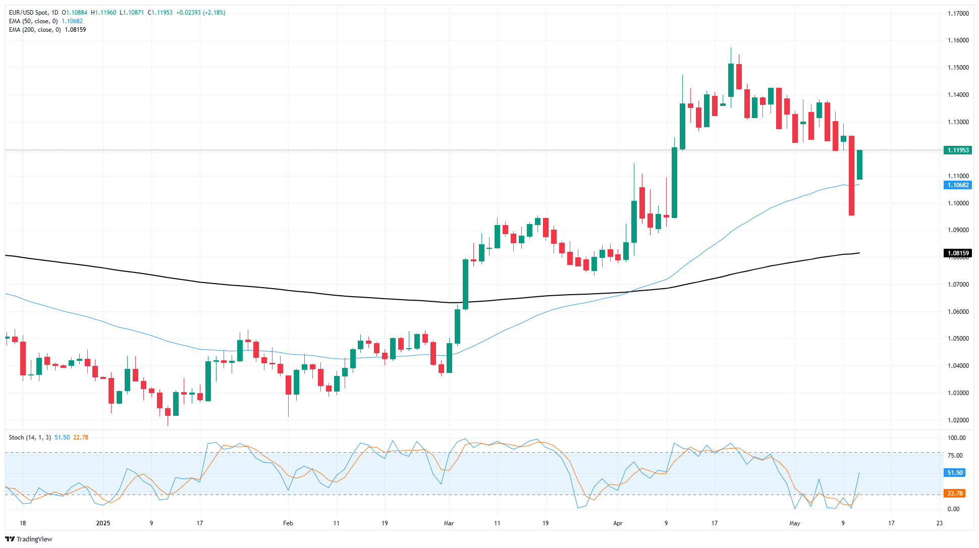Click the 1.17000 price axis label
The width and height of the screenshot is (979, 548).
pyautogui.click(x=958, y=14)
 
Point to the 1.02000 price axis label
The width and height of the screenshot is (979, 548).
pyautogui.click(x=958, y=420)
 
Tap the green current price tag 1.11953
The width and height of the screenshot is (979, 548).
pyautogui.click(x=957, y=150)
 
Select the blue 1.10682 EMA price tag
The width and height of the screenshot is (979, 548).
pyautogui.click(x=957, y=185)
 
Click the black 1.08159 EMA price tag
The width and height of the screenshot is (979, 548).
pyautogui.click(x=957, y=253)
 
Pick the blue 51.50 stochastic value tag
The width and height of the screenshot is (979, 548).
pyautogui.click(x=954, y=473)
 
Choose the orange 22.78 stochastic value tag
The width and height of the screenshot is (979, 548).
pyautogui.click(x=954, y=494)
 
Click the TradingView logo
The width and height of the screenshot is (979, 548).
pyautogui.click(x=29, y=539)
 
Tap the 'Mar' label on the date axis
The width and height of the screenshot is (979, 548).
pyautogui.click(x=449, y=523)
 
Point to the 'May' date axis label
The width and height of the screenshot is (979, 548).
pyautogui.click(x=795, y=523)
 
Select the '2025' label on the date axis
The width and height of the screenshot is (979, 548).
pyautogui.click(x=103, y=523)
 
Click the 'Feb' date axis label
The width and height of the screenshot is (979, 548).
pyautogui.click(x=288, y=523)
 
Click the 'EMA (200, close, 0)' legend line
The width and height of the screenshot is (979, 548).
pyautogui.click(x=35, y=30)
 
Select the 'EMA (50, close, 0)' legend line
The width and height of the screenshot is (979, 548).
pyautogui.click(x=33, y=21)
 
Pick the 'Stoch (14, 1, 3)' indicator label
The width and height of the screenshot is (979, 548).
pyautogui.click(x=30, y=437)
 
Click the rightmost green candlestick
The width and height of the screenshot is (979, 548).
pyautogui.click(x=859, y=165)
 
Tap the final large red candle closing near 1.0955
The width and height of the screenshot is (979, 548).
pyautogui.click(x=851, y=176)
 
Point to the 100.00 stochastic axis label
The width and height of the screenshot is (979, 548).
pyautogui.click(x=956, y=438)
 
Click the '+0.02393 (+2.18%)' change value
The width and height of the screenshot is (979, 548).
pyautogui.click(x=200, y=13)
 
